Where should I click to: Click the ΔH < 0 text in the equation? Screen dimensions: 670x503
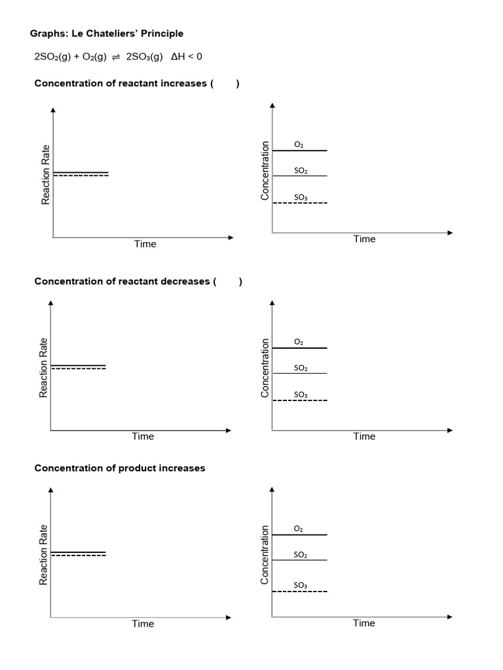click(x=187, y=57)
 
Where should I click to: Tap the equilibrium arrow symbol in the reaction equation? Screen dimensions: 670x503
click(x=115, y=58)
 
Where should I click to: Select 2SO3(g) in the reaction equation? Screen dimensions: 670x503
click(x=144, y=57)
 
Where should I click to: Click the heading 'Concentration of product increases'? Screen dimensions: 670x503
click(x=119, y=468)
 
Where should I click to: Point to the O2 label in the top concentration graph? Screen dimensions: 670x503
click(x=299, y=145)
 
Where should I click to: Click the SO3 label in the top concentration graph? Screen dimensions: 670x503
click(x=301, y=197)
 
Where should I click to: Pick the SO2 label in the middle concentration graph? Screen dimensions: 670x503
click(x=301, y=368)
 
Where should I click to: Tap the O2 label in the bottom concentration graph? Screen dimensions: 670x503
click(x=299, y=528)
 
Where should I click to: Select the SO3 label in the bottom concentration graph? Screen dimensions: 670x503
click(x=301, y=585)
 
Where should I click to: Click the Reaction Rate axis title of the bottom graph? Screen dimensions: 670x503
click(x=44, y=555)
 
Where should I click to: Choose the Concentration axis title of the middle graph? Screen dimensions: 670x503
click(x=265, y=368)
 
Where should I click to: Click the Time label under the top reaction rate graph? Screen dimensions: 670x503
click(x=145, y=244)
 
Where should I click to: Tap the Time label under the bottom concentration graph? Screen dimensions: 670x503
click(x=364, y=623)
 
